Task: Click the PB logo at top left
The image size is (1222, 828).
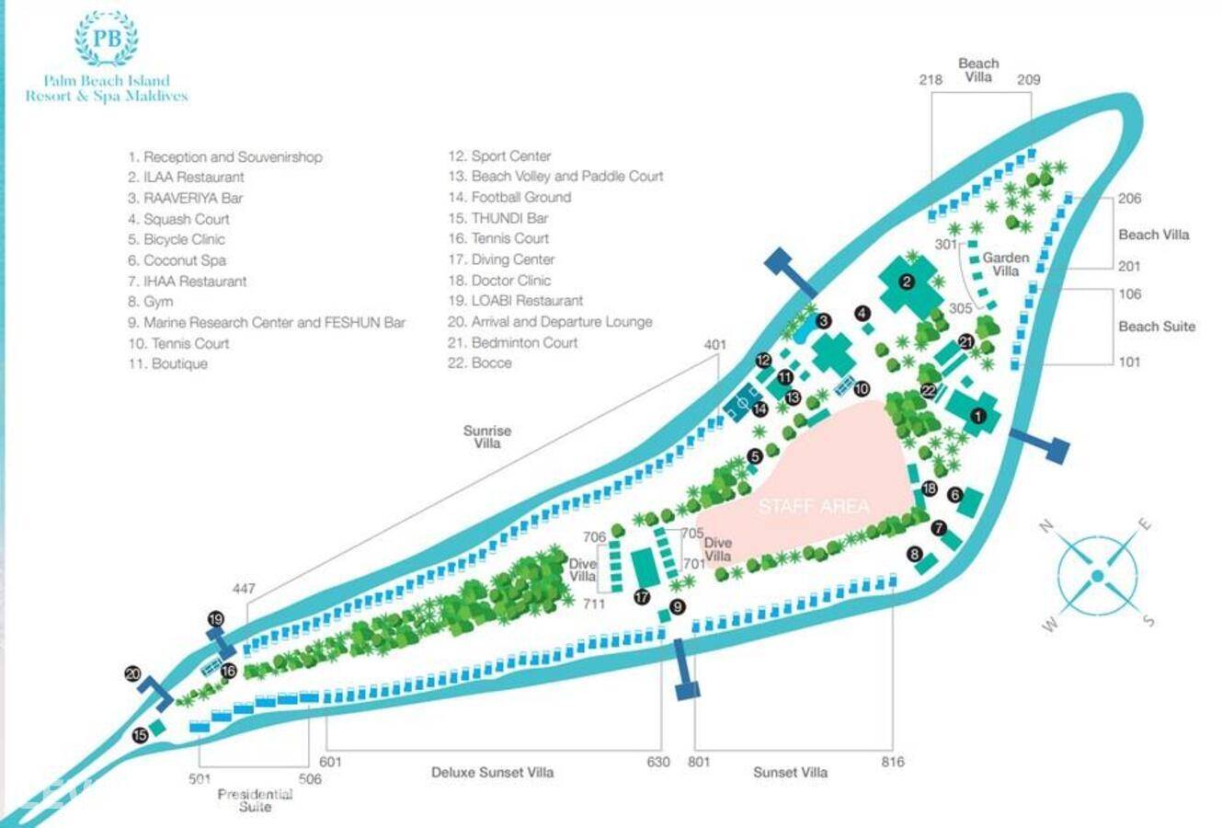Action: (106, 40)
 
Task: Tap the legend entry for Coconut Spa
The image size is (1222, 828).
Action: (184, 260)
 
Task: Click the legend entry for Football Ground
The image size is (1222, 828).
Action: (520, 197)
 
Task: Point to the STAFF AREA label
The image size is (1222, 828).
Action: (813, 506)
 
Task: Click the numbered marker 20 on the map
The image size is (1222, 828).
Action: (133, 674)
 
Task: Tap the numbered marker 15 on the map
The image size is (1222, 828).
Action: (140, 735)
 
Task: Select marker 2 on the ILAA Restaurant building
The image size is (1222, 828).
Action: (907, 282)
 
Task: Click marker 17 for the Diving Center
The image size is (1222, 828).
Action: (642, 597)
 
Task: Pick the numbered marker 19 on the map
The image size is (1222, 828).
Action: (216, 619)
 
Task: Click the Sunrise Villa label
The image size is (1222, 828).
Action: (487, 437)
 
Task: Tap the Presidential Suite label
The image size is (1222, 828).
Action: (255, 800)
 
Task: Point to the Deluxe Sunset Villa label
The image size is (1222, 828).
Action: (492, 773)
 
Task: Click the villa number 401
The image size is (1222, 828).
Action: (715, 345)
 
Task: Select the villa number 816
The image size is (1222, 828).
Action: (892, 762)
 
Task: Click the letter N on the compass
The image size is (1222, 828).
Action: (1045, 526)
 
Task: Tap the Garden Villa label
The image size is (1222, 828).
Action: (1006, 264)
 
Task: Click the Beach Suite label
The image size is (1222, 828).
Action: (1157, 327)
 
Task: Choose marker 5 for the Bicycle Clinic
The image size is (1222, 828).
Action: (755, 455)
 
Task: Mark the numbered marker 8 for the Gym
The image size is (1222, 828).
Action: (914, 554)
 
